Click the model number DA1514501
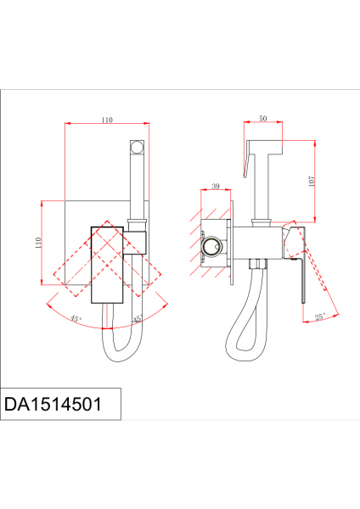coord(53,404)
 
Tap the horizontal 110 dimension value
coord(107,120)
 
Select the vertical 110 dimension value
coord(38,243)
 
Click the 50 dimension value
coord(263,119)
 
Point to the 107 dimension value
coord(312,182)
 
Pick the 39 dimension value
coord(216,187)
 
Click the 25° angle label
coord(320,316)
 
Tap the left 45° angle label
coord(76,319)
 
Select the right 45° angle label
coord(138,320)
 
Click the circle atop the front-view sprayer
coord(137,147)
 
